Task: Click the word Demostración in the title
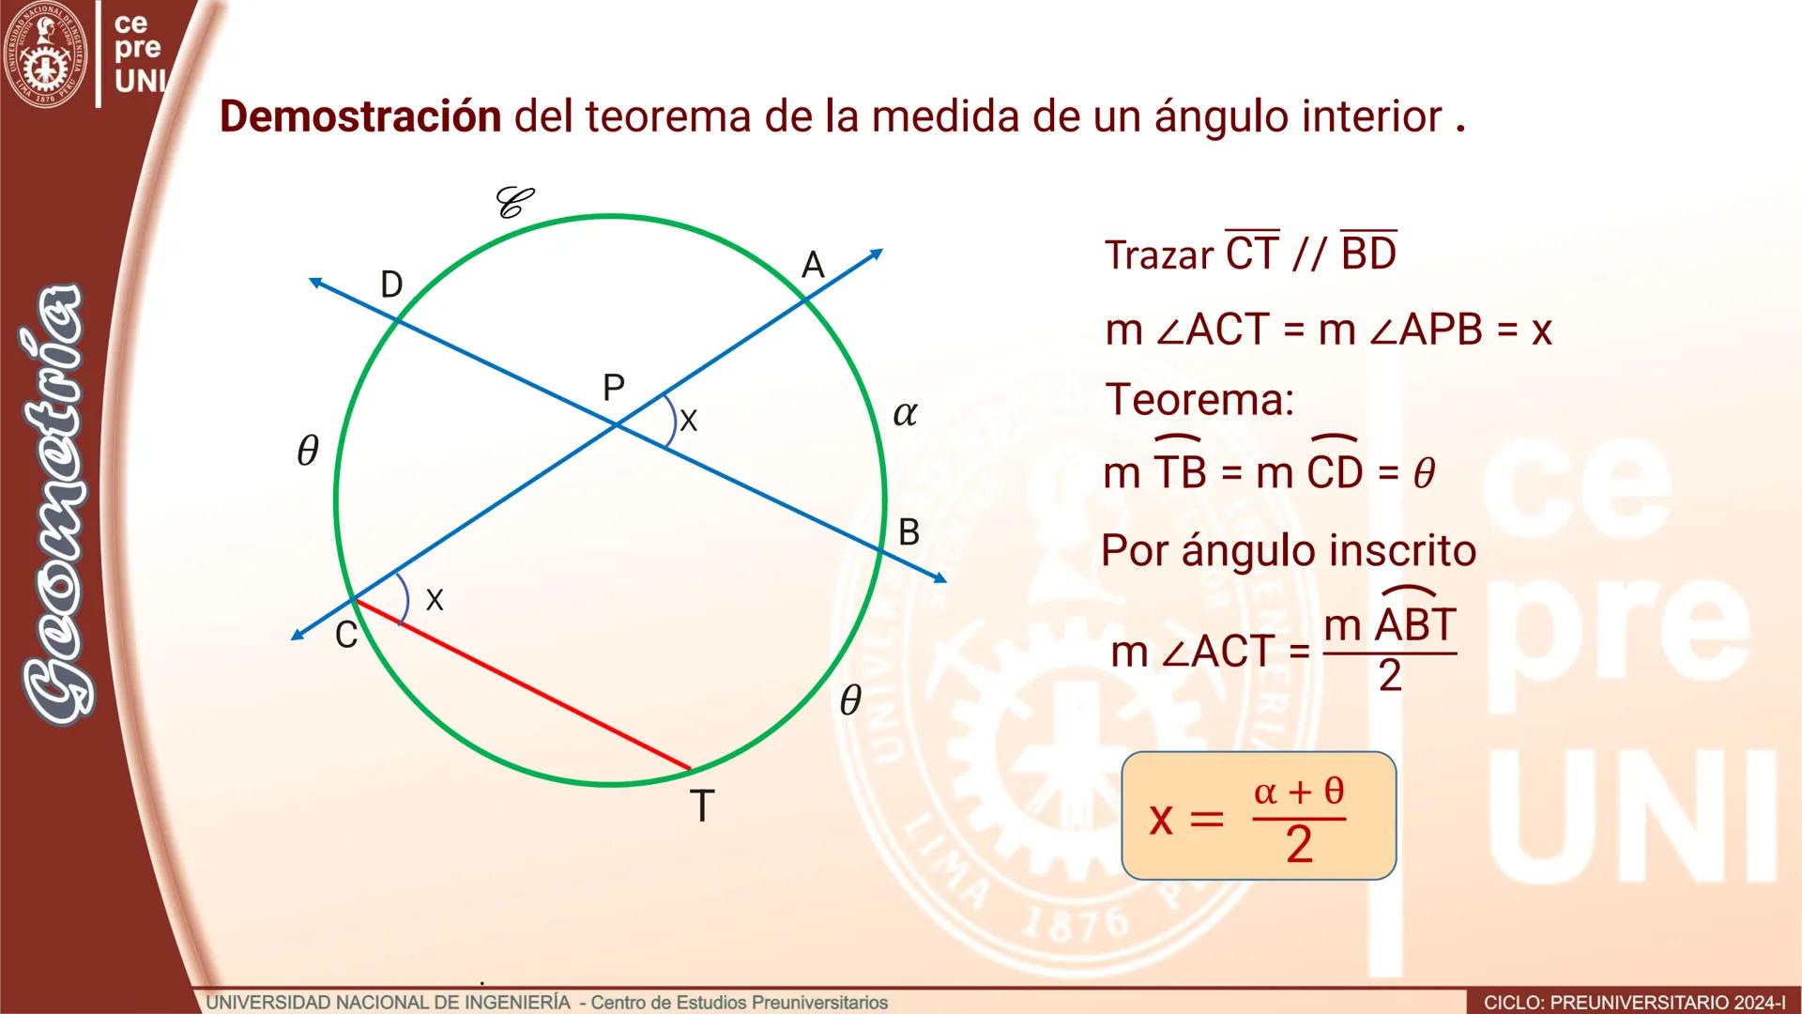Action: click(x=360, y=117)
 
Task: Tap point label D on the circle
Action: click(x=391, y=284)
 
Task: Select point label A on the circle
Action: click(x=813, y=266)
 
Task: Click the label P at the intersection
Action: click(x=613, y=387)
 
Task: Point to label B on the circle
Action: click(x=909, y=532)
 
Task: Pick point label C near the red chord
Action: click(x=346, y=636)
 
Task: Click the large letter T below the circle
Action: click(x=701, y=806)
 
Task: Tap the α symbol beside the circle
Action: click(x=905, y=413)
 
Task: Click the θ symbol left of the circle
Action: click(x=307, y=452)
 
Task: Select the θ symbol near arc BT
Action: click(x=849, y=700)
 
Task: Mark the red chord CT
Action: click(x=522, y=684)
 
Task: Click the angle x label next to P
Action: click(x=688, y=421)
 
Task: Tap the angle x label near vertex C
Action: click(x=434, y=600)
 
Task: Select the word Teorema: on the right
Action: click(x=1199, y=400)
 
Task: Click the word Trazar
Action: click(x=1159, y=255)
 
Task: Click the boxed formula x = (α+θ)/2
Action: click(x=1259, y=815)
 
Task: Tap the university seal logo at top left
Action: click(x=44, y=54)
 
